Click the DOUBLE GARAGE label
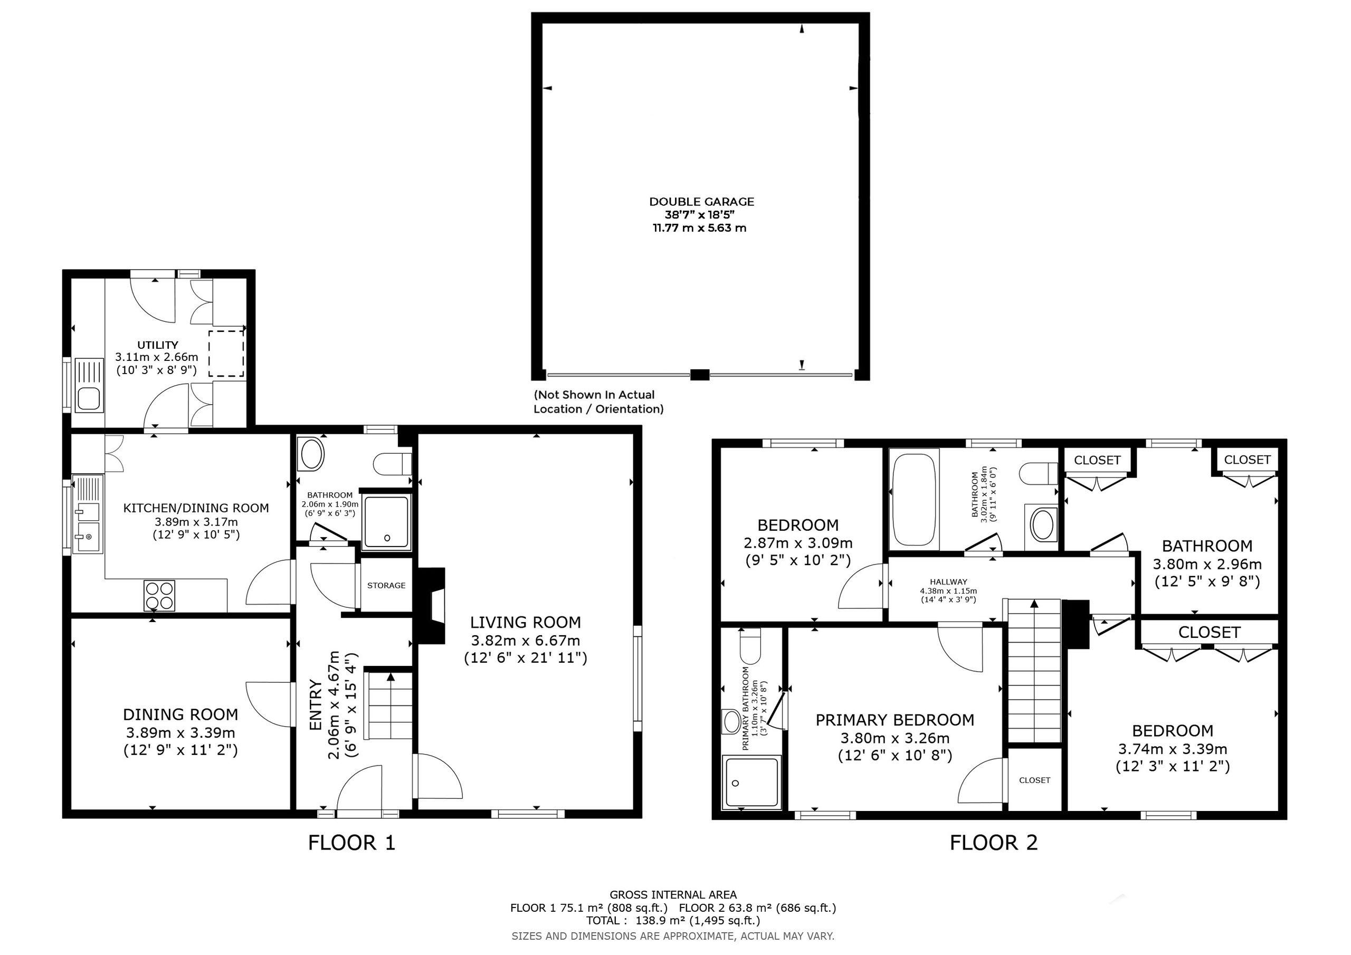point(701,202)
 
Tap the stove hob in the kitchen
point(159,596)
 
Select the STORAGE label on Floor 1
point(386,586)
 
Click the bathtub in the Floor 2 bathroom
point(914,499)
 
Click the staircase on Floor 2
point(1034,671)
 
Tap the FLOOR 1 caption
point(351,843)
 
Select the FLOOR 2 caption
point(994,843)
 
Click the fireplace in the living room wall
point(431,606)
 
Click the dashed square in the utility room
point(226,353)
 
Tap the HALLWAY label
point(948,582)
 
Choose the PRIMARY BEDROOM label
point(895,720)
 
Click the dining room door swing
point(268,705)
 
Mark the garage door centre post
point(700,374)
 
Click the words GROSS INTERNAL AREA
point(673,895)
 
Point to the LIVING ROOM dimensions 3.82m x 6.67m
point(526,640)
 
